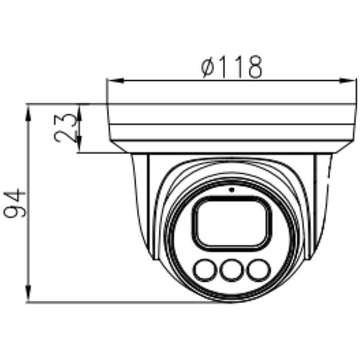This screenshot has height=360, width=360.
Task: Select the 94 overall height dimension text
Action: coord(14,203)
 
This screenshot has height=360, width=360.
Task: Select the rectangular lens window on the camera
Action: coord(231,223)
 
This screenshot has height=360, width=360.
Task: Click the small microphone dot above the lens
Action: coord(232,189)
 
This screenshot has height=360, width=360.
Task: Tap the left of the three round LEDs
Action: coord(205,270)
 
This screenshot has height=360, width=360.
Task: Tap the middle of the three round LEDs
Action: coord(231,270)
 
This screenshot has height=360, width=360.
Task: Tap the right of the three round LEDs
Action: coord(258,270)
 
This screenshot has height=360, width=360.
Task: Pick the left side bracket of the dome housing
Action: coord(141,202)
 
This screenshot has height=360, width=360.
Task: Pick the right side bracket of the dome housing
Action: coord(321,202)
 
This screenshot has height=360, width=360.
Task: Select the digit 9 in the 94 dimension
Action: coord(14,211)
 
